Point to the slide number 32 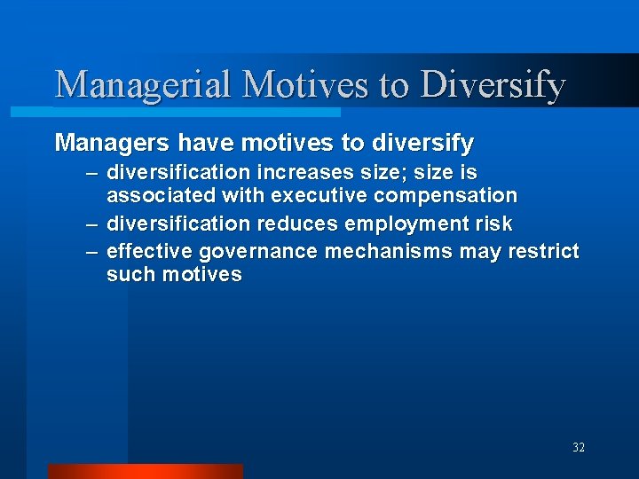coord(579,448)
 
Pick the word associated coord(161,195)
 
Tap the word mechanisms coord(388,251)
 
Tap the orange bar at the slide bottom coord(145,471)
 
